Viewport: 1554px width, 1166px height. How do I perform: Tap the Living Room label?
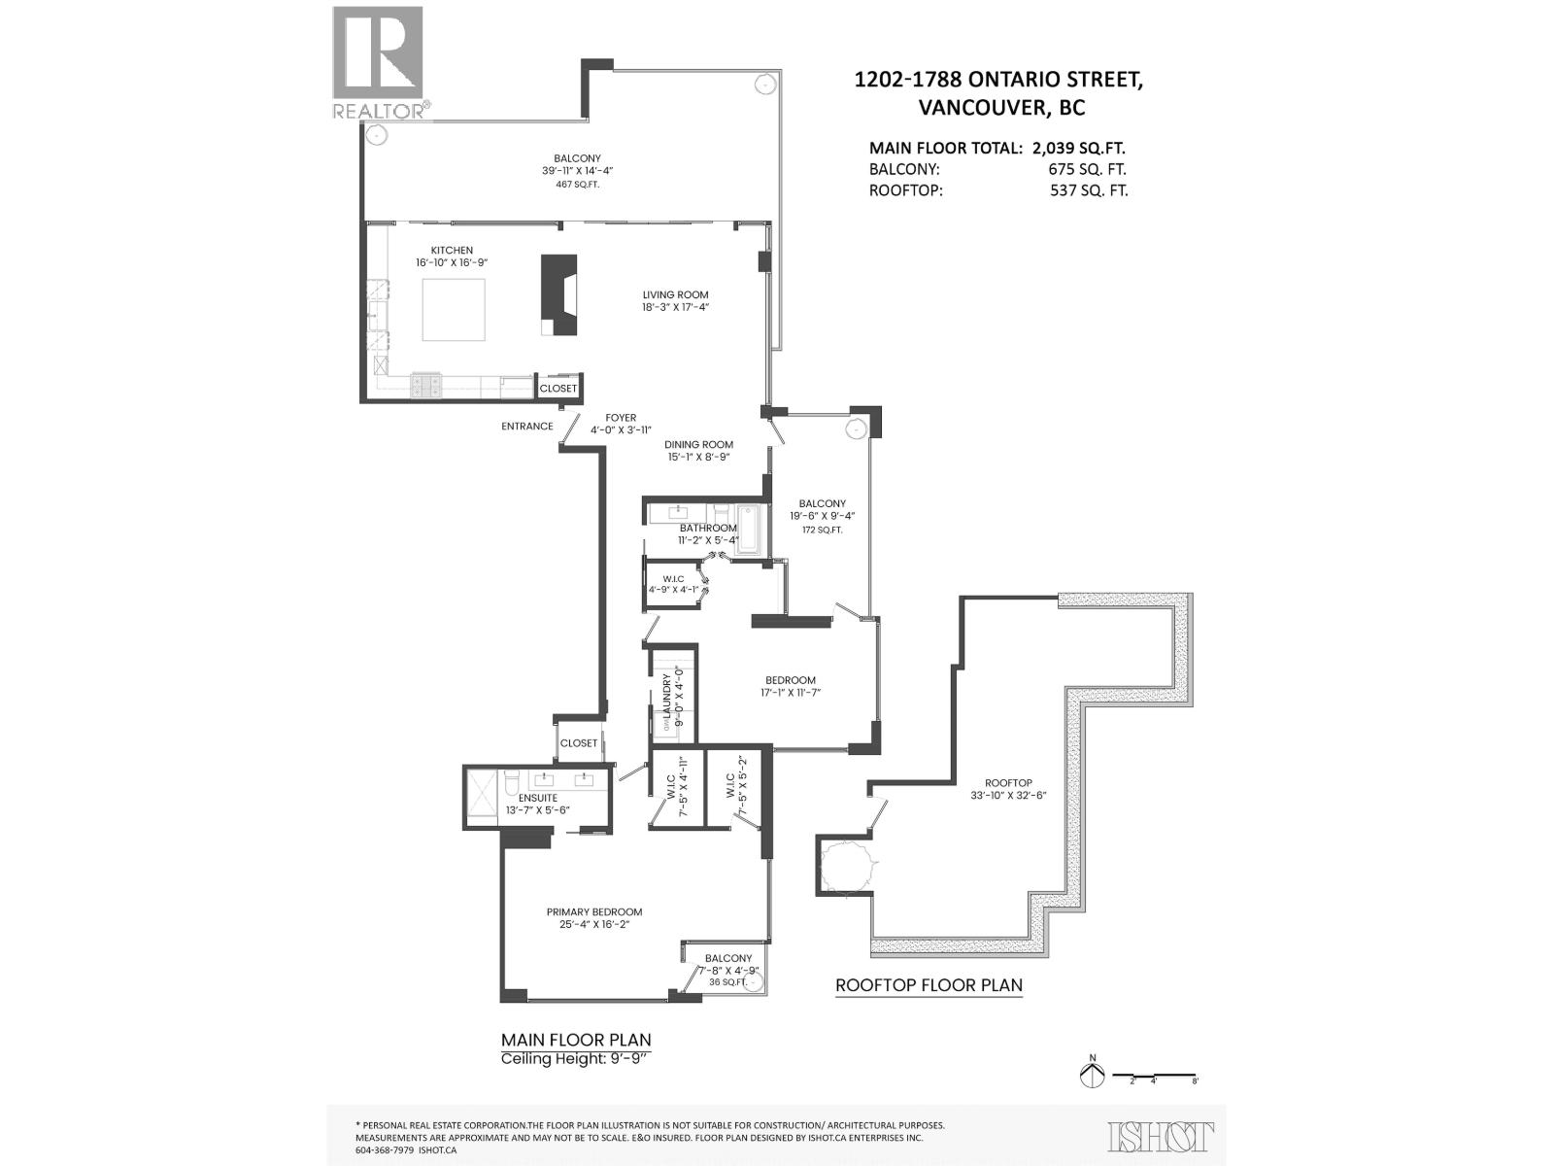pos(675,295)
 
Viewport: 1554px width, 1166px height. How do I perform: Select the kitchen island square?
pos(454,309)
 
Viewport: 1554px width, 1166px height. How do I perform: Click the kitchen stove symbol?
pos(426,386)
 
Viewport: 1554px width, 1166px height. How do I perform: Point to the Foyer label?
pos(621,418)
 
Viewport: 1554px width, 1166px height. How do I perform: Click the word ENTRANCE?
pos(527,427)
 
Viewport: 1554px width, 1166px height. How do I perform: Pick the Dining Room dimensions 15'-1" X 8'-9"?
pos(698,457)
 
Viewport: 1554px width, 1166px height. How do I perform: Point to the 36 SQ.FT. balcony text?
pos(727,981)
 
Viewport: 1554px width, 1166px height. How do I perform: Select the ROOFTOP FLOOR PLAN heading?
pos(929,985)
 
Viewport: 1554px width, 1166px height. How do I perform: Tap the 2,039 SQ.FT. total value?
pos(1078,149)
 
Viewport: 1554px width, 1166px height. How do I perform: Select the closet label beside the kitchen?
pos(558,388)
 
